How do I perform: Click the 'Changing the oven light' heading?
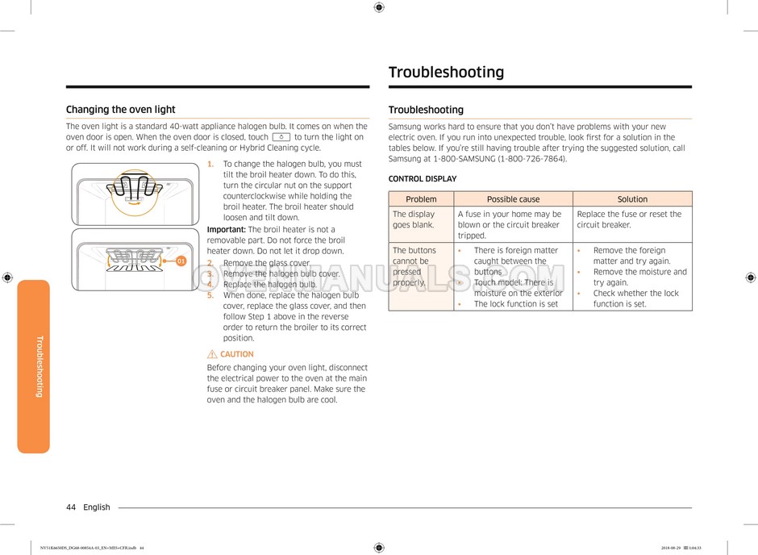[120, 110]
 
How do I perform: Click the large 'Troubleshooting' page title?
[446, 73]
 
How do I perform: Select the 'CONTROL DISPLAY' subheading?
[422, 179]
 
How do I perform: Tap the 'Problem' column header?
[421, 199]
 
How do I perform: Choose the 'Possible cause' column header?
[513, 199]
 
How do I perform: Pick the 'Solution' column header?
[632, 199]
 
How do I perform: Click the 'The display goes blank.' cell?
[414, 219]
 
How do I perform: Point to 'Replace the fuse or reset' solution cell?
[629, 219]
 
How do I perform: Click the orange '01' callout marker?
[181, 261]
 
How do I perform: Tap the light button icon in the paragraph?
[281, 137]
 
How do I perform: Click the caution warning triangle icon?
[212, 354]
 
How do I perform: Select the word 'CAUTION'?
[237, 354]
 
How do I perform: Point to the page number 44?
[71, 507]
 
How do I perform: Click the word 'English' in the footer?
[97, 507]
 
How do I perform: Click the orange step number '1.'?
[210, 165]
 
